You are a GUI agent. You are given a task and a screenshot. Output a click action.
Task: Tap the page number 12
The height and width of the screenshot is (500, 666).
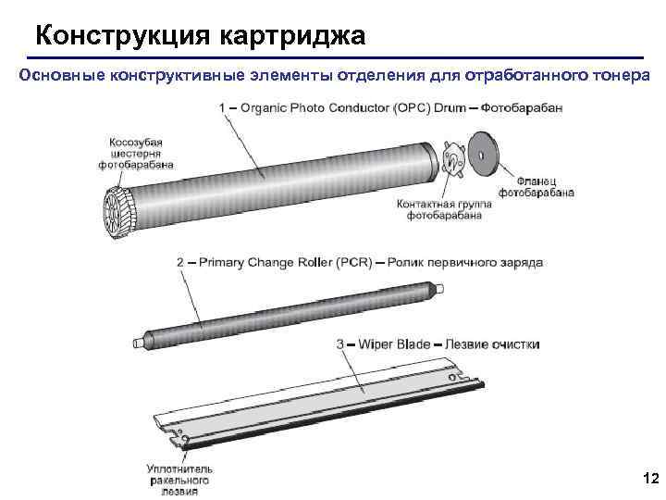(x=649, y=478)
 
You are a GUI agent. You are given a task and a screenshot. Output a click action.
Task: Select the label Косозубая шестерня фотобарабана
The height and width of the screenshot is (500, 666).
(x=135, y=154)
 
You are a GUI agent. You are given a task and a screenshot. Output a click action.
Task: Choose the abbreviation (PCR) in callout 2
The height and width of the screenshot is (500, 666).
(x=355, y=262)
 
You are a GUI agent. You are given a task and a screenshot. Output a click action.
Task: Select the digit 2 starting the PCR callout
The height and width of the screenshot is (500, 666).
(x=180, y=262)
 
